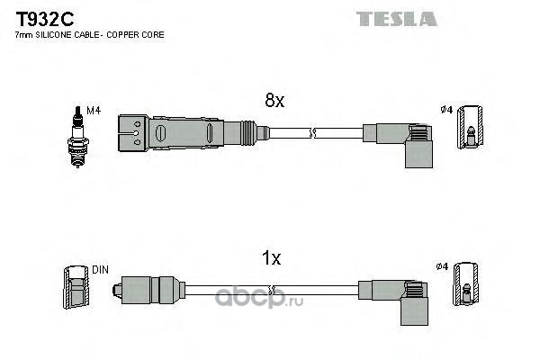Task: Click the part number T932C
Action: tap(45, 19)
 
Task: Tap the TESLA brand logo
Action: tap(396, 19)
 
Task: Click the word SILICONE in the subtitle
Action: tap(53, 35)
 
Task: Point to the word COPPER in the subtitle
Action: tap(120, 35)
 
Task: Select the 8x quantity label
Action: tap(274, 100)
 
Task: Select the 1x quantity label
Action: tap(272, 258)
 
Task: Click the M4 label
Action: tap(94, 111)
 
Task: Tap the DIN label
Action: tap(100, 270)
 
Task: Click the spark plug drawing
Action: tap(77, 137)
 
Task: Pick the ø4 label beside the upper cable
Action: tap(446, 110)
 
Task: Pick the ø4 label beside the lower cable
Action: tap(442, 266)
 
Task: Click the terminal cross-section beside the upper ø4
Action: tap(470, 127)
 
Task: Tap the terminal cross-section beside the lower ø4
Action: tap(465, 283)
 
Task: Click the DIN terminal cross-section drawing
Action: tap(76, 287)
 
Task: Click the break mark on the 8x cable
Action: tap(312, 133)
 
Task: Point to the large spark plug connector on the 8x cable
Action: tap(188, 133)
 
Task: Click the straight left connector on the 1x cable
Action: tap(148, 290)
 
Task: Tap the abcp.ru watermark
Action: tap(259, 299)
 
